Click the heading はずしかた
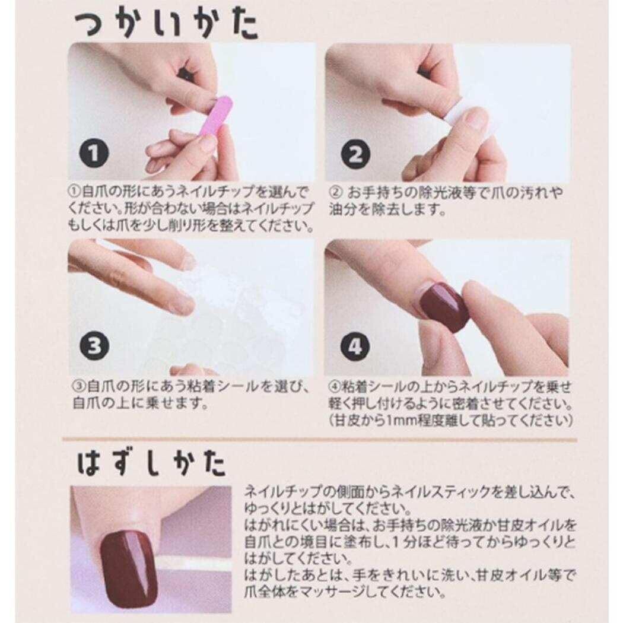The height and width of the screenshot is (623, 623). (x=152, y=463)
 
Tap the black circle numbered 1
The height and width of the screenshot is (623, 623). (x=94, y=153)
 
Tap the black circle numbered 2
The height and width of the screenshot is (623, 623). (x=355, y=154)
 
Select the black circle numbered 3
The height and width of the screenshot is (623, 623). (x=94, y=346)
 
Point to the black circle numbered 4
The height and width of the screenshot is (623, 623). (x=355, y=347)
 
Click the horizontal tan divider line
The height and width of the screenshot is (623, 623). (x=319, y=440)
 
